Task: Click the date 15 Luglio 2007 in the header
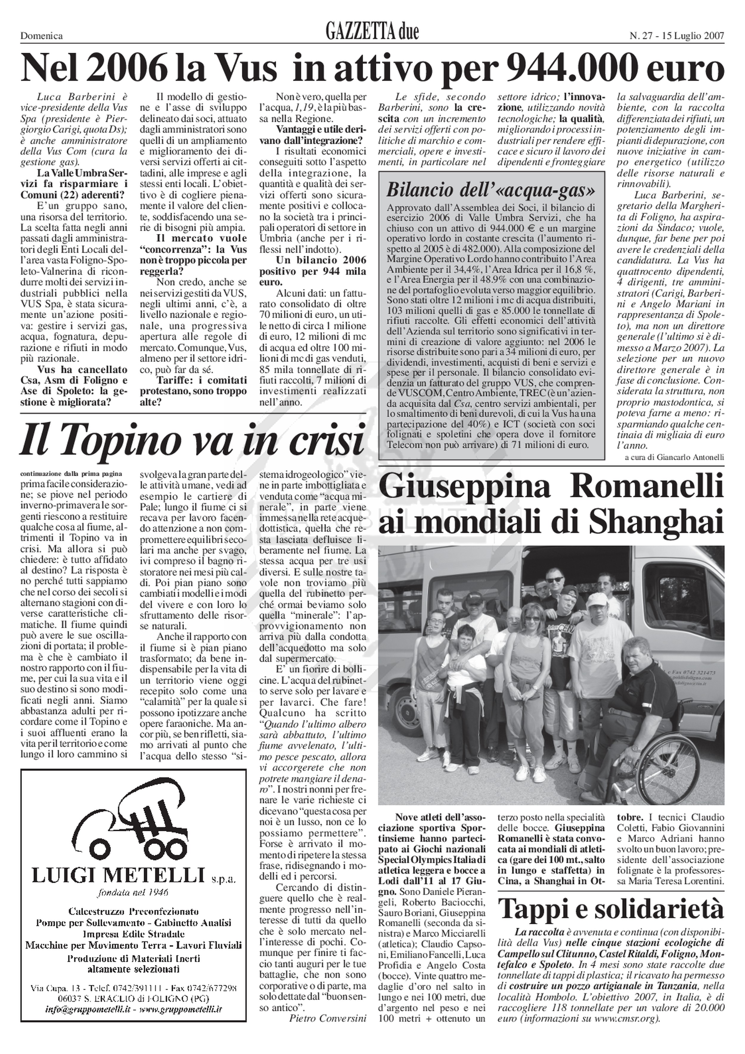(x=693, y=36)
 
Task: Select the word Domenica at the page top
(x=42, y=36)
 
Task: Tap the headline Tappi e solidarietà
(x=611, y=896)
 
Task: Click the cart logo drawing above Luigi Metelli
(x=128, y=816)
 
